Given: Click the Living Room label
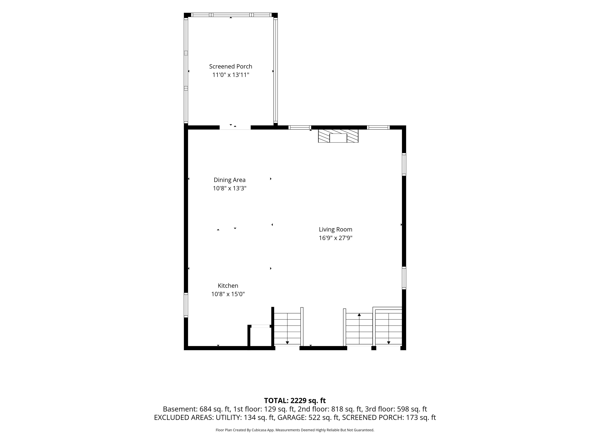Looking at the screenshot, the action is [336, 229].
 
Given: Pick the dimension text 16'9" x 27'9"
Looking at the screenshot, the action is [336, 238].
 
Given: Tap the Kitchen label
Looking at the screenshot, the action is [228, 286].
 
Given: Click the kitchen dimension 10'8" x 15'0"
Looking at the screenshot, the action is [228, 294].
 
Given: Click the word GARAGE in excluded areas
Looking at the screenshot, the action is [292, 417].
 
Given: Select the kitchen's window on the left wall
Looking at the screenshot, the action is [186, 305].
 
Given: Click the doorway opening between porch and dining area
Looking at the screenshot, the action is [235, 128].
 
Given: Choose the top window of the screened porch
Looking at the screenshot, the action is [231, 15].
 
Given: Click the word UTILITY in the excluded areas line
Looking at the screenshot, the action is [228, 417].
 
